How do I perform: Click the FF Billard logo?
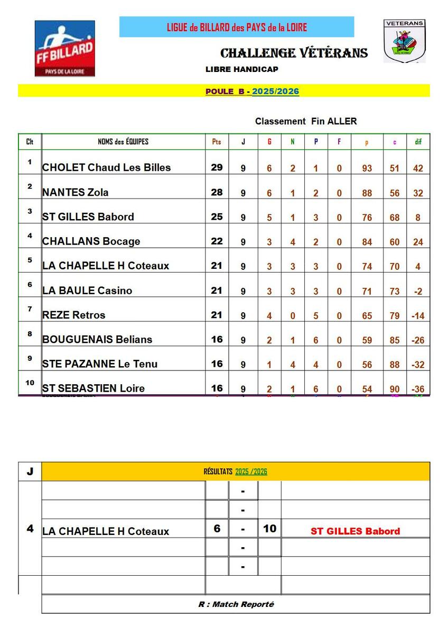pyautogui.click(x=64, y=48)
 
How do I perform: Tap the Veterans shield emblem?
pyautogui.click(x=404, y=41)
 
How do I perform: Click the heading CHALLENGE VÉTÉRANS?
pyautogui.click(x=294, y=53)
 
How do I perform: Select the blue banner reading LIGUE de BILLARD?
pyautogui.click(x=236, y=27)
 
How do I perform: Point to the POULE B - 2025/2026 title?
pyautogui.click(x=252, y=92)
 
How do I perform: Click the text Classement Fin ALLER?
pyautogui.click(x=306, y=121)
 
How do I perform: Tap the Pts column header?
pyautogui.click(x=217, y=142)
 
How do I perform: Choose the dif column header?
pyautogui.click(x=418, y=142)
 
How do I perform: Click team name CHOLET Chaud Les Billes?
pyautogui.click(x=106, y=168)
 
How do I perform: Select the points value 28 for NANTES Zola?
pyautogui.click(x=217, y=192)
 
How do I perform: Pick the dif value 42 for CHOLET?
pyautogui.click(x=418, y=168)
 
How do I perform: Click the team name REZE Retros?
pyautogui.click(x=74, y=315)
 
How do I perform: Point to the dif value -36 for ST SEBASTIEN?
pyautogui.click(x=418, y=389)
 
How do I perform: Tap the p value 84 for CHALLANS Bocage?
pyautogui.click(x=367, y=242)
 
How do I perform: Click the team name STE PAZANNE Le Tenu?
pyautogui.click(x=100, y=364)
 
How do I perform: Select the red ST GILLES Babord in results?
pyautogui.click(x=355, y=531)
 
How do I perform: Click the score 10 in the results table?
pyautogui.click(x=269, y=529)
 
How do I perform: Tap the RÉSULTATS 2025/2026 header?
pyautogui.click(x=235, y=471)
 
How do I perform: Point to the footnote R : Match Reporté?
pyautogui.click(x=236, y=604)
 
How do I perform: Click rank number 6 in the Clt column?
pyautogui.click(x=30, y=285)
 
